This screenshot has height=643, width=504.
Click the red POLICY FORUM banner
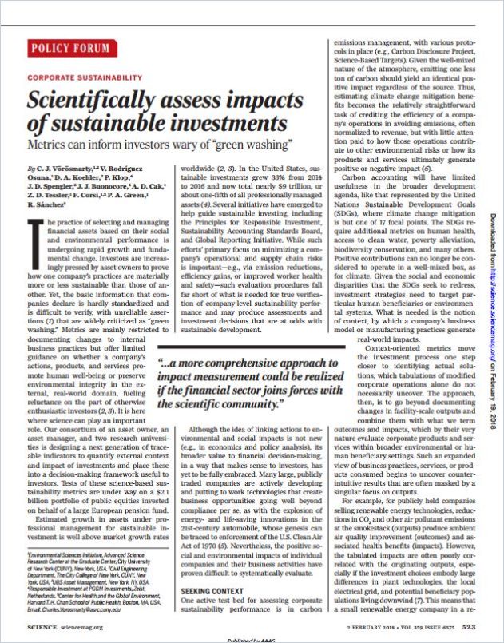tap(70, 49)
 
